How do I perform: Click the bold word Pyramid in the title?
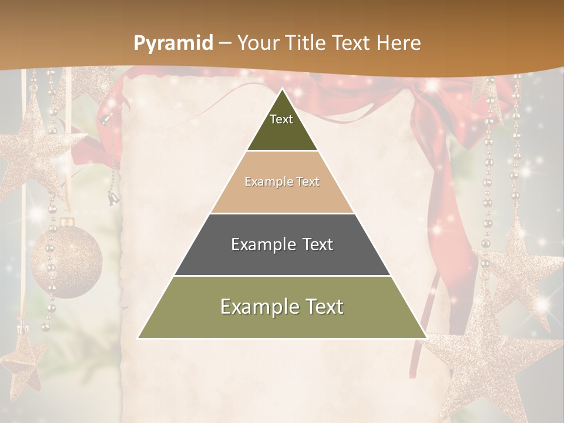pos(173,43)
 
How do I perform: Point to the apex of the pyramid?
pos(282,89)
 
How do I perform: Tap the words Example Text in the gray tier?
pos(282,244)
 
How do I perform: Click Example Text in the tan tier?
pos(282,182)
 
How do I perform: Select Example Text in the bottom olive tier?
pos(282,307)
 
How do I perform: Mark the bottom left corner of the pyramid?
pos(139,338)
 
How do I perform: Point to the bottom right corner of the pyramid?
pos(426,338)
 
